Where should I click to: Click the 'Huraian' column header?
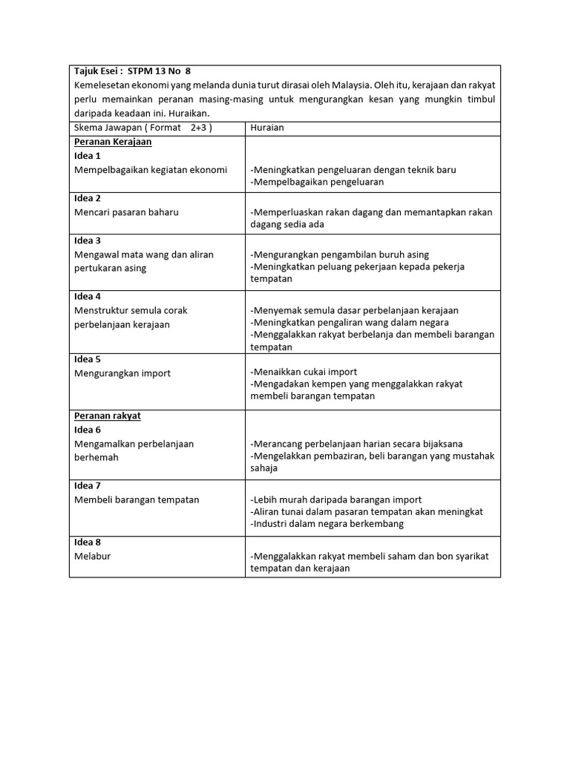click(267, 128)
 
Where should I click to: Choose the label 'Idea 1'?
click(88, 156)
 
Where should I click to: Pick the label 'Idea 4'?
click(88, 296)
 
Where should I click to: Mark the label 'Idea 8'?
click(88, 542)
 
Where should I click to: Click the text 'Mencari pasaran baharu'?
click(127, 212)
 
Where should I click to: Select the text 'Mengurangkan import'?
click(122, 373)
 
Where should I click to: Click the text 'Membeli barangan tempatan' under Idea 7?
click(137, 500)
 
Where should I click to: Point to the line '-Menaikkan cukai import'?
click(304, 372)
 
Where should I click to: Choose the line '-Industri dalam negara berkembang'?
click(327, 524)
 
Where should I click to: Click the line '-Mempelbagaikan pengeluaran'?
click(317, 182)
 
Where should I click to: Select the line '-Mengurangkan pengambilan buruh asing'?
click(339, 255)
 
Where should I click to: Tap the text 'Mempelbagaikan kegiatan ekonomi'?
click(151, 170)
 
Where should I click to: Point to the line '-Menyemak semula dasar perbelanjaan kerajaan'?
click(354, 310)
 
